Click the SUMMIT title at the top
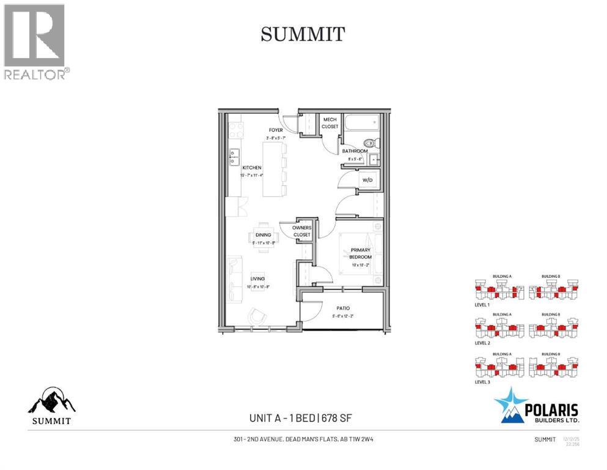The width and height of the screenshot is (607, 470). [304, 34]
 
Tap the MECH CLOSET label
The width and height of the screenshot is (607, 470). [330, 123]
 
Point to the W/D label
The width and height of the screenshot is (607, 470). [367, 181]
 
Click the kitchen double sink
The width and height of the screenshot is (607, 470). [234, 157]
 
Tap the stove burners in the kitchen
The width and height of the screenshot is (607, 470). [235, 130]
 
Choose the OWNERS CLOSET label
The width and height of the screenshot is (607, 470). [301, 231]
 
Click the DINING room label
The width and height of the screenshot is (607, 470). [263, 234]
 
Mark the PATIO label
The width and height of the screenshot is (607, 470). [342, 308]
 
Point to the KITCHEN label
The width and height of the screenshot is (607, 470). [252, 168]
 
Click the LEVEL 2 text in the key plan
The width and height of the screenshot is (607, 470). [482, 343]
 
